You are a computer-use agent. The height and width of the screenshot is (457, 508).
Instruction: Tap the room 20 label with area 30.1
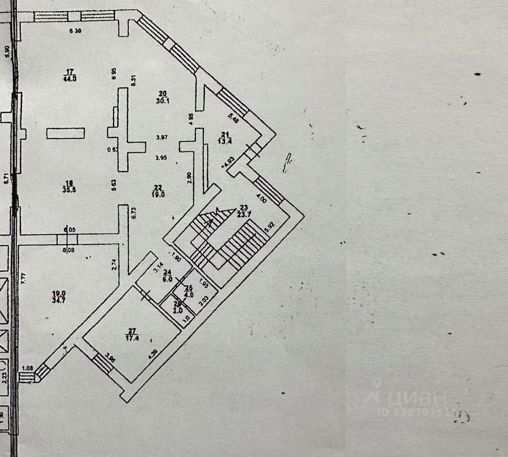[162, 97]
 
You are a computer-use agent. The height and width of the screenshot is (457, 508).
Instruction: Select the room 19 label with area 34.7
[58, 296]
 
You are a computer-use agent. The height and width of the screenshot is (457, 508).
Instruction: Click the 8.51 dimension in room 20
[133, 81]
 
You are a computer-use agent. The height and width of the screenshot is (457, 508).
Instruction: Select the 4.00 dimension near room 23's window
[261, 198]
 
